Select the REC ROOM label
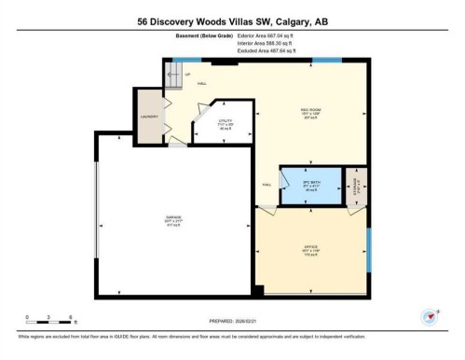click(310, 108)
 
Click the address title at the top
click(232, 20)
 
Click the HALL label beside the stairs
click(200, 81)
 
